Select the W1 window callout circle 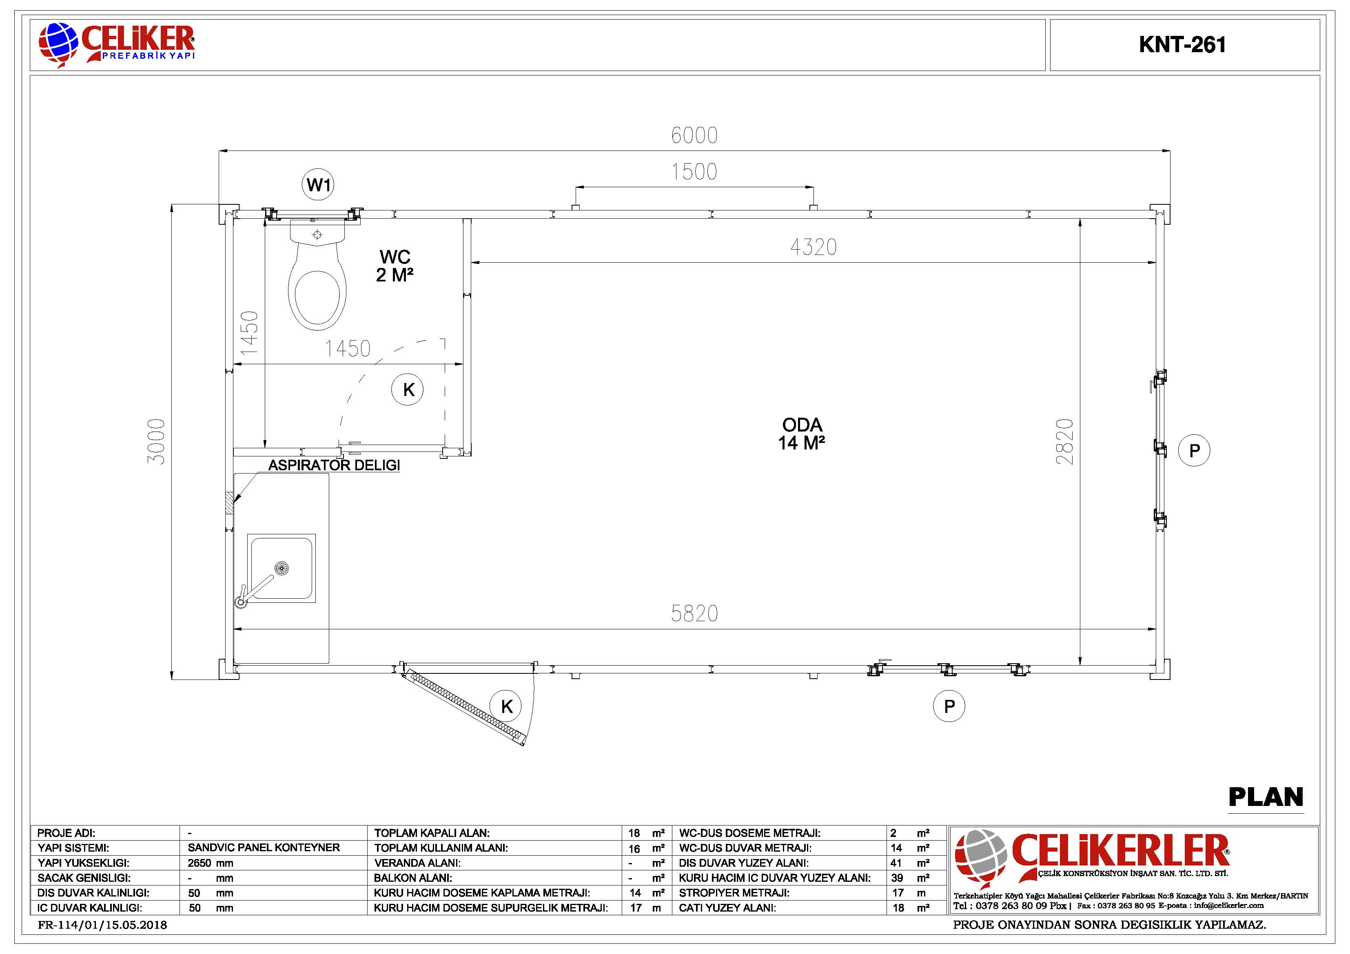(318, 185)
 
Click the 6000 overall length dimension (694, 135)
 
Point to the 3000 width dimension (156, 441)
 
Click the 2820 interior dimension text (1065, 441)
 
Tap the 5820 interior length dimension (694, 614)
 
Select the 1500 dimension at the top (694, 172)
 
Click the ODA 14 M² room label (802, 434)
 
